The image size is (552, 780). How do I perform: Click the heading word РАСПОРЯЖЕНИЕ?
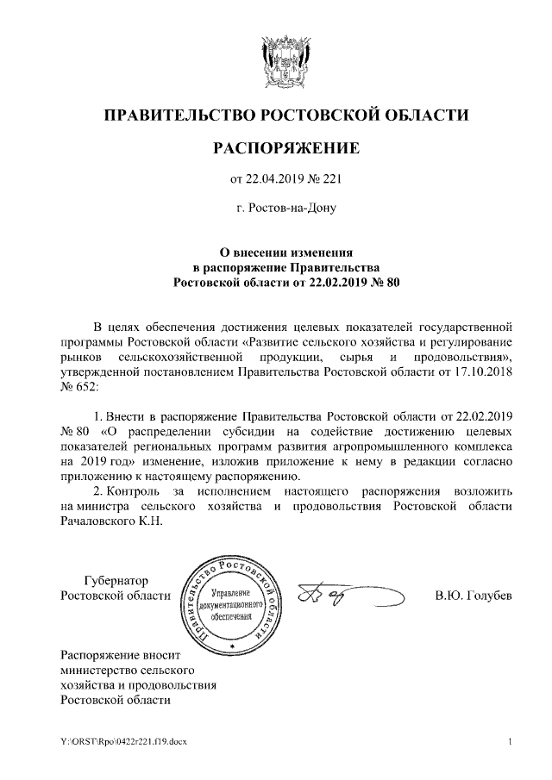click(x=285, y=149)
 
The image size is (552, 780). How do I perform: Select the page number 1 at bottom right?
click(x=511, y=742)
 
